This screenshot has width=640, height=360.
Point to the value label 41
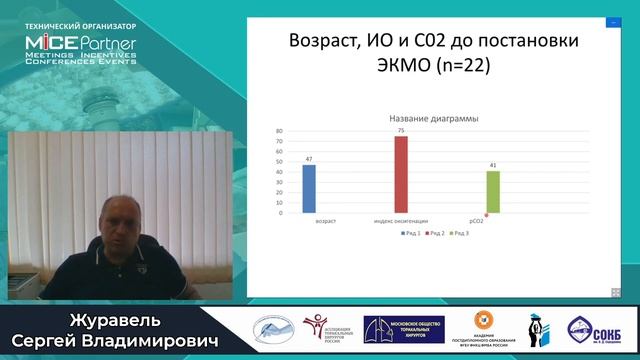pyautogui.click(x=493, y=164)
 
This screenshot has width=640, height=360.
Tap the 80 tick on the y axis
pyautogui.click(x=279, y=130)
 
